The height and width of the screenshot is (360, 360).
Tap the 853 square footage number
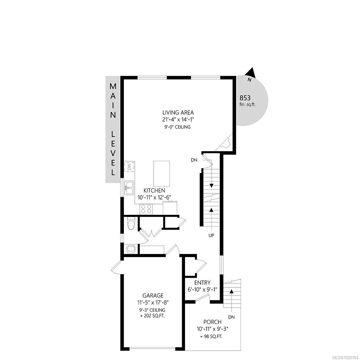coord(245,98)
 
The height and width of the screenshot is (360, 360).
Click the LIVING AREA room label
coord(178,113)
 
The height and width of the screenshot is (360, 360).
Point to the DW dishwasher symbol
coord(130,167)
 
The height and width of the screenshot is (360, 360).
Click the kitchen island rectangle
coord(161,174)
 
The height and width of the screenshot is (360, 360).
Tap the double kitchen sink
coord(130,188)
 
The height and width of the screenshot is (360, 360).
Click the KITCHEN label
coord(154,190)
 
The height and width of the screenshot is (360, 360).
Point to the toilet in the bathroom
coord(131,223)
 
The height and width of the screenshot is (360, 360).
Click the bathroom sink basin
coord(131,249)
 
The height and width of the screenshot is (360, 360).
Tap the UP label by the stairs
coord(211,235)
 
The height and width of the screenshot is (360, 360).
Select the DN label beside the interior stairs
coord(194,160)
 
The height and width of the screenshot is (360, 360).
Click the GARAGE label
coord(153,295)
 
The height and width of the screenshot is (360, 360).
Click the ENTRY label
coord(202,283)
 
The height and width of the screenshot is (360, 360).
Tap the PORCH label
coord(212,322)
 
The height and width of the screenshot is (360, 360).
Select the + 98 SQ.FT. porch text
coord(211,336)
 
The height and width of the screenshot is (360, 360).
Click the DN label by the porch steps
coord(231,317)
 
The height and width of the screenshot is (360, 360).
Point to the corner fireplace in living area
coord(225,143)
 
